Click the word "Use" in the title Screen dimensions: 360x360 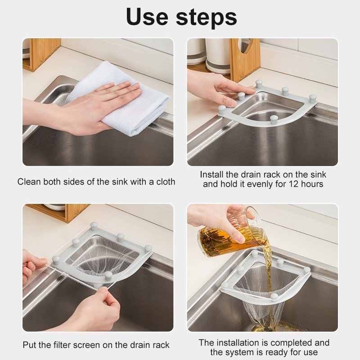pos(147,17)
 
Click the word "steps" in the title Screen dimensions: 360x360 pos(207,18)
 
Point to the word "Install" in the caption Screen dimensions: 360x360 pos(211,175)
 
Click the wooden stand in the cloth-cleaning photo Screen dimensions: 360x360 pos(41,54)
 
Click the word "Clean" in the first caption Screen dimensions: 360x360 pos(29,182)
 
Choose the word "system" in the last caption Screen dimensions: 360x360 pos(240,352)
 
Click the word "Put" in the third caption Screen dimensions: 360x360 pos(30,345)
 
